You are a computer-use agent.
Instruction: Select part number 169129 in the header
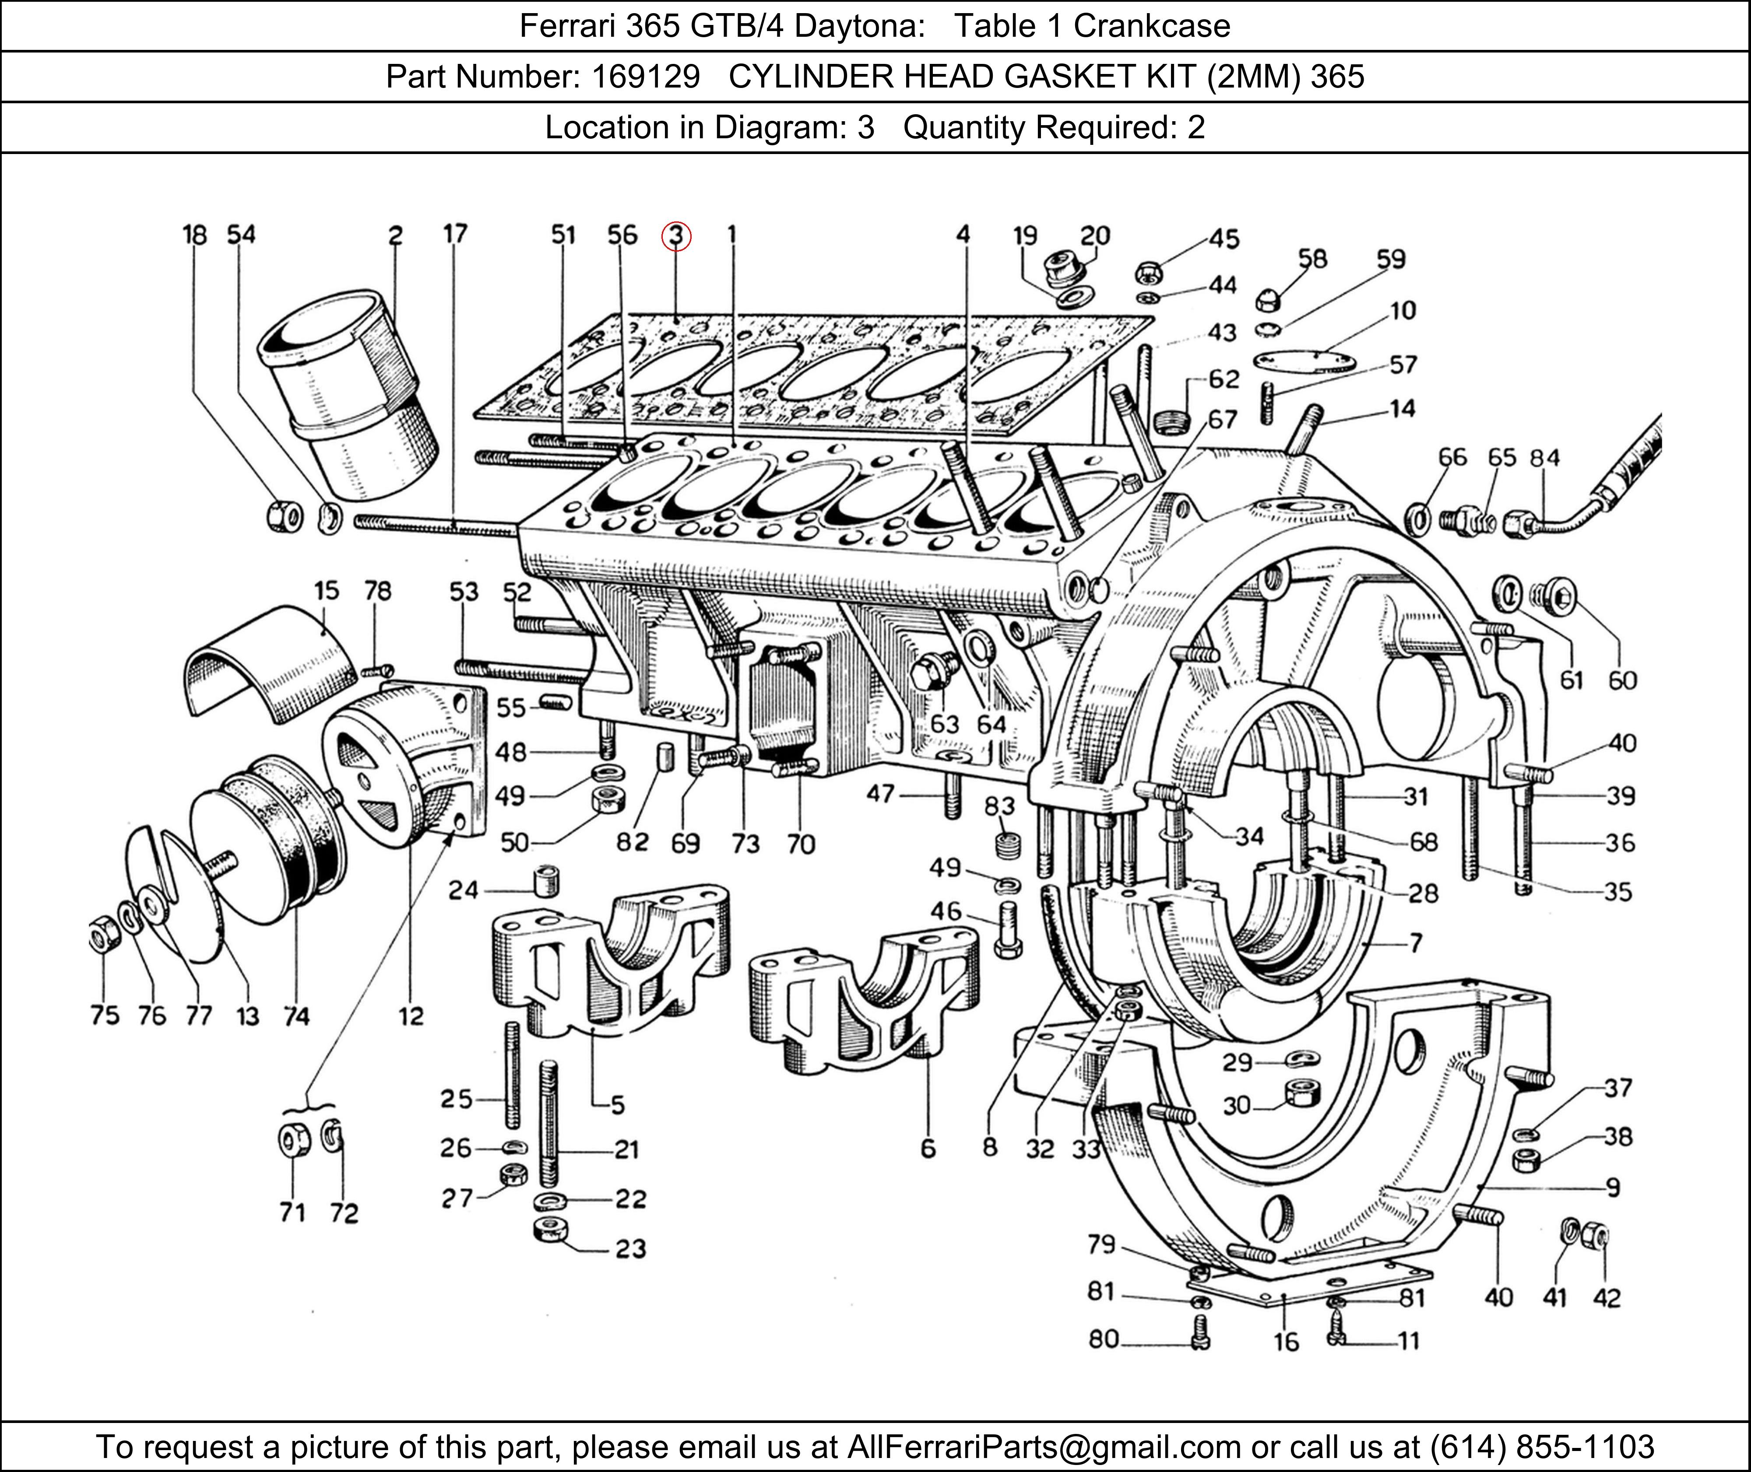point(645,77)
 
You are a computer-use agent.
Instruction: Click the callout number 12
point(411,1016)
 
